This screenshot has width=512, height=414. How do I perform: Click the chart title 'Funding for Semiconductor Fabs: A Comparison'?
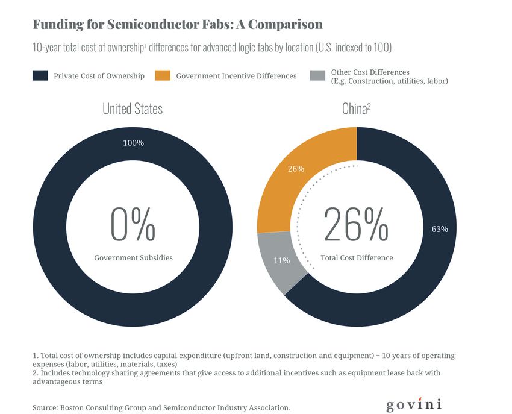[x=177, y=25]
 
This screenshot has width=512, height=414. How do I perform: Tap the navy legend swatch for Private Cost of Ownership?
[x=40, y=75]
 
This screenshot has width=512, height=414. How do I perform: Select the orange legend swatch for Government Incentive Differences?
[x=163, y=75]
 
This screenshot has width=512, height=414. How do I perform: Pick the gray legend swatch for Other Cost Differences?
[x=317, y=75]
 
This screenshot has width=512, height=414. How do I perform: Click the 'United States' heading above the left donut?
[x=132, y=109]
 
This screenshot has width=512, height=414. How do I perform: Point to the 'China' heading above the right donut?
[x=355, y=109]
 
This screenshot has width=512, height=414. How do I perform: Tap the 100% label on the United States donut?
[x=133, y=143]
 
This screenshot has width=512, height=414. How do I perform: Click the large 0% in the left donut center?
[x=133, y=224]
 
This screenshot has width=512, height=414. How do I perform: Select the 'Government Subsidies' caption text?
[x=133, y=257]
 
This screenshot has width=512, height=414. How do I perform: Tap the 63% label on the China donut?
[x=440, y=229]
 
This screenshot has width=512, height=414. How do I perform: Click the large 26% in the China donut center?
[x=356, y=224]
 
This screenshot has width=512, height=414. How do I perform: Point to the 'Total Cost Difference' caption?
[x=357, y=257]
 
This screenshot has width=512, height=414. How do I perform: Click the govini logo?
[x=414, y=404]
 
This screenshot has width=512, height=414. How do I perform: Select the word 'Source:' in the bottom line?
[x=46, y=408]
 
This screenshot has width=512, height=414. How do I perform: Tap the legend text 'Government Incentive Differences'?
[x=236, y=76]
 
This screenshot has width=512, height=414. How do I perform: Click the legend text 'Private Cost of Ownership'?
[x=99, y=76]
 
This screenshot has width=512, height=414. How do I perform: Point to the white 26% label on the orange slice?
[x=296, y=169]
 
